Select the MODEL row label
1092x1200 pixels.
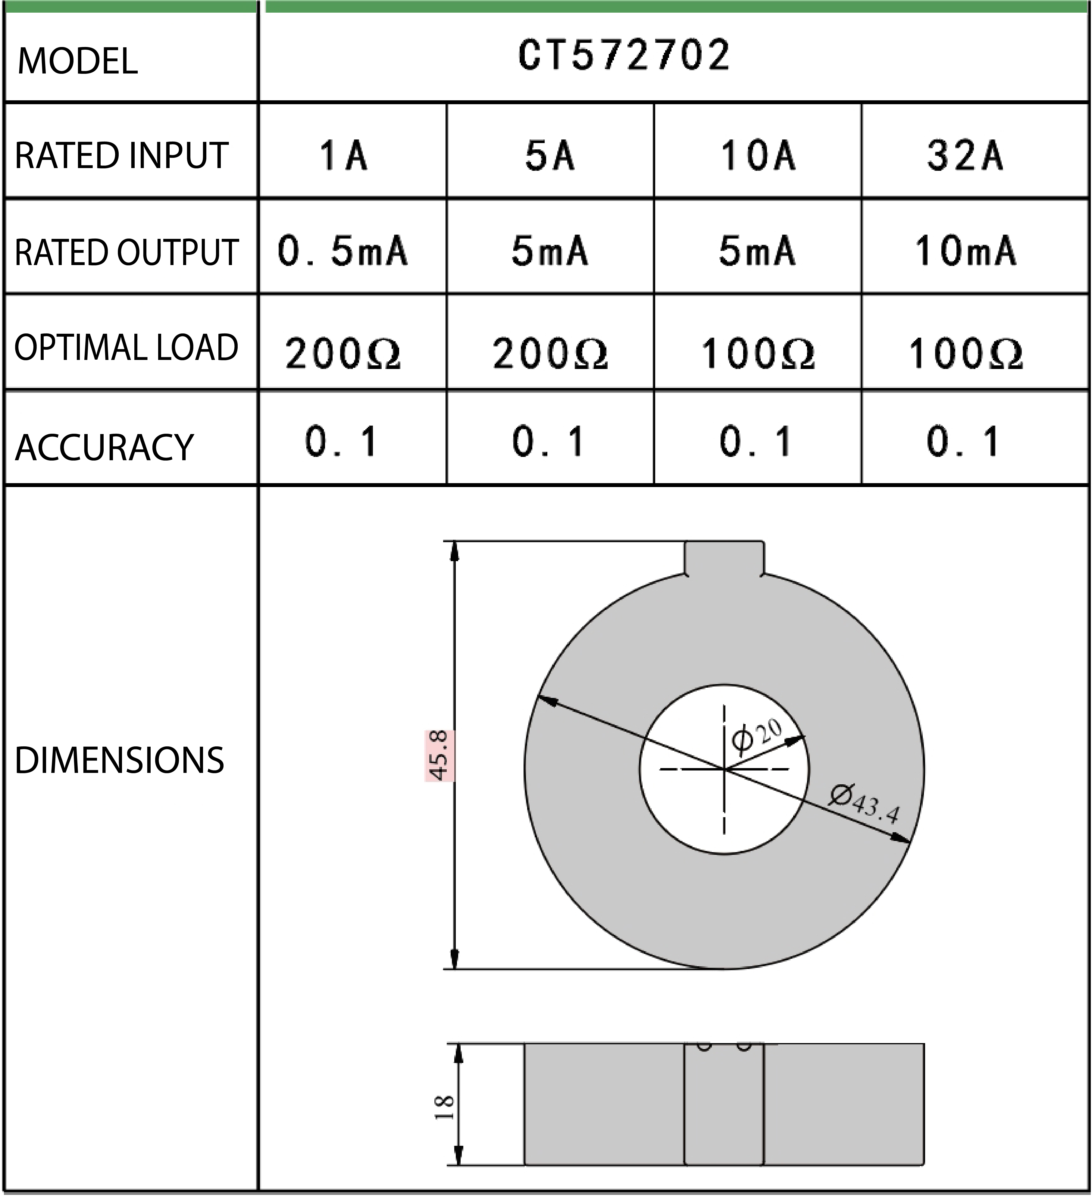click(x=77, y=61)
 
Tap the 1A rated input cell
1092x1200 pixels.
click(x=343, y=155)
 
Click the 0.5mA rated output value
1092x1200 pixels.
click(x=343, y=251)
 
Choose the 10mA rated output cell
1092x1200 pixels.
click(x=965, y=251)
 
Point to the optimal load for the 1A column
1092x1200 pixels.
click(x=343, y=354)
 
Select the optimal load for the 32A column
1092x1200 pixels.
click(x=965, y=354)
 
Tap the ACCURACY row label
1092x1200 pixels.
click(x=104, y=448)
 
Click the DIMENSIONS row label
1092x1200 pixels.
click(x=119, y=760)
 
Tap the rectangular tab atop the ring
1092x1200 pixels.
click(x=724, y=558)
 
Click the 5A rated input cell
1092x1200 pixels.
click(x=549, y=155)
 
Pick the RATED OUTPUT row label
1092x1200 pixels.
click(x=126, y=252)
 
